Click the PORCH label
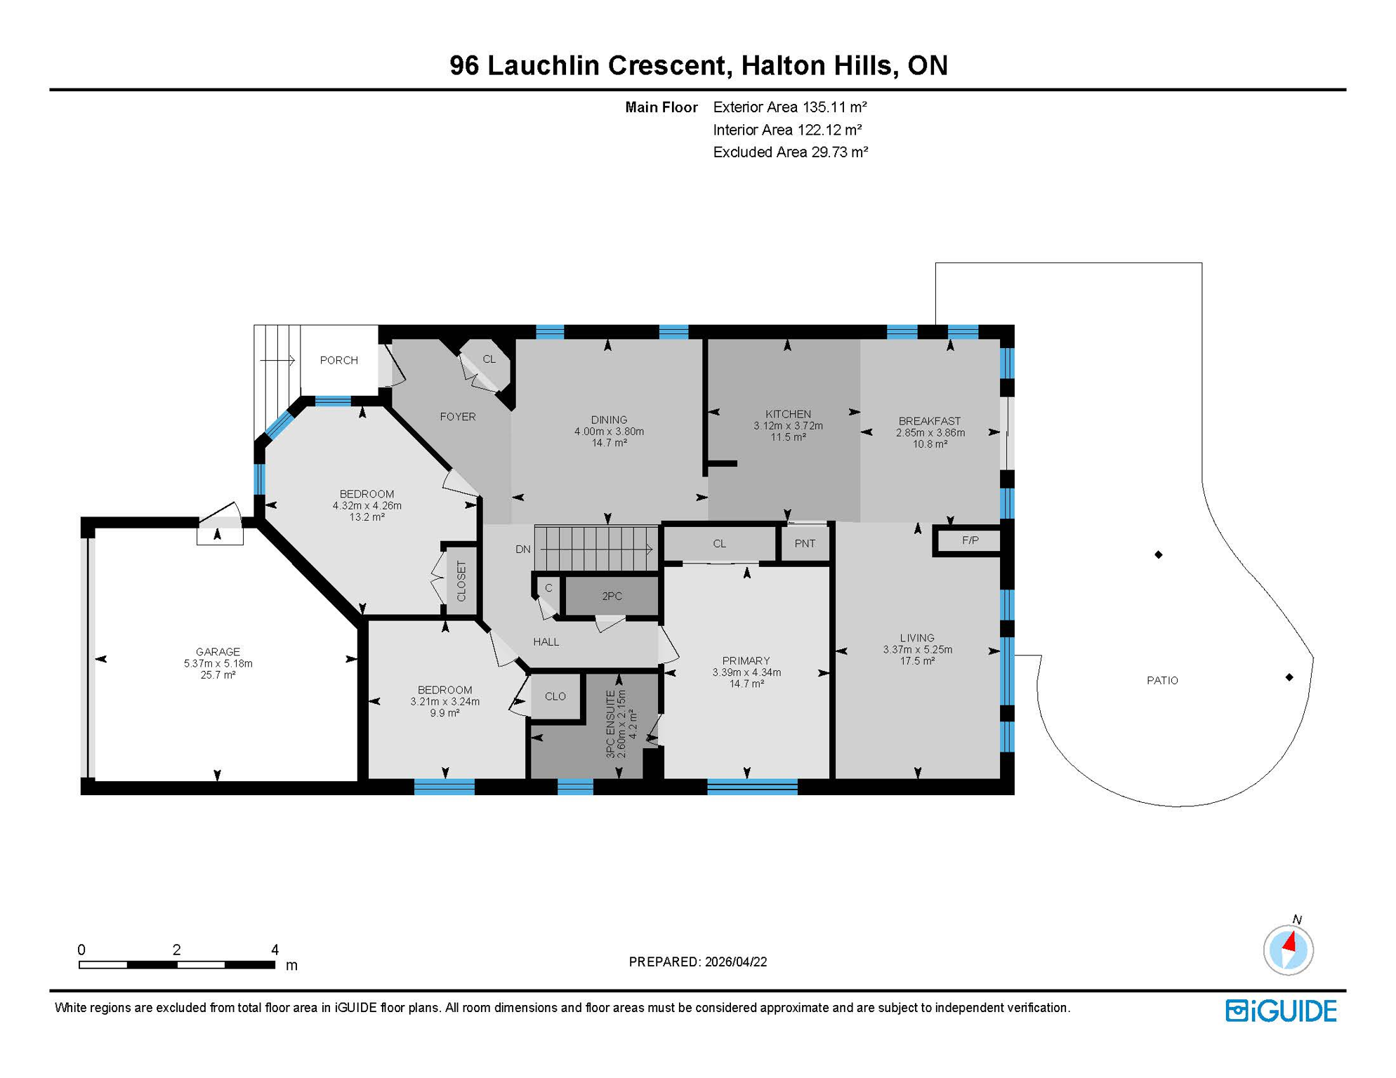point(338,360)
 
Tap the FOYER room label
point(457,417)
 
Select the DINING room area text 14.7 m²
point(609,443)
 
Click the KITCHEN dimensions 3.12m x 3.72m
point(788,425)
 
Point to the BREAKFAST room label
point(929,421)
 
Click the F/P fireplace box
point(970,540)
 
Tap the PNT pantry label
point(805,543)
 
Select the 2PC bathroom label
point(612,596)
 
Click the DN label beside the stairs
point(522,550)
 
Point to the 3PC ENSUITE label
point(610,724)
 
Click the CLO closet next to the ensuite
point(555,696)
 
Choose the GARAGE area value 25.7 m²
point(218,674)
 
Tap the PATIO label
point(1162,680)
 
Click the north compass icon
point(1288,950)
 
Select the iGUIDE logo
point(1281,1011)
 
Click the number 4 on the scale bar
point(275,950)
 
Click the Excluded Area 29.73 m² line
point(790,152)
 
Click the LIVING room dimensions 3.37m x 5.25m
point(917,649)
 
